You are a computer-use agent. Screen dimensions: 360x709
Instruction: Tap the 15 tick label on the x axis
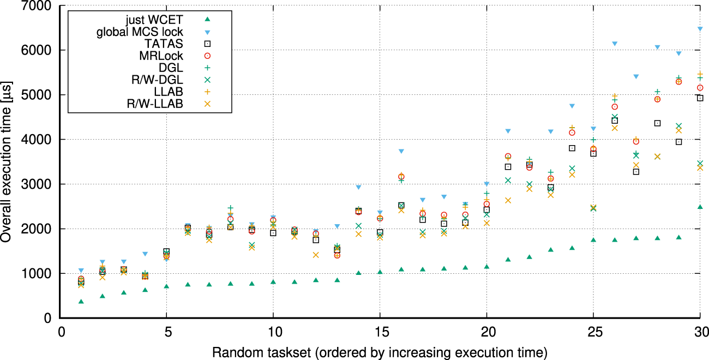coord(380,332)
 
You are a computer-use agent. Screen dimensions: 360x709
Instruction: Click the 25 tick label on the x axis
coord(593,332)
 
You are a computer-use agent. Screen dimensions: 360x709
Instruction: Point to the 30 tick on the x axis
coord(700,332)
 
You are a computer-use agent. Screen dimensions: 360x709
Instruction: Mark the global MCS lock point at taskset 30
coord(700,29)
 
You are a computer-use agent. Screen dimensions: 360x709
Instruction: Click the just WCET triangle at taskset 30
coord(700,207)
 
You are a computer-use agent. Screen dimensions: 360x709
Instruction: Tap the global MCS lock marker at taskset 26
coord(615,44)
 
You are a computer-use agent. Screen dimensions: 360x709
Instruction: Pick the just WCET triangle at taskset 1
coord(81,302)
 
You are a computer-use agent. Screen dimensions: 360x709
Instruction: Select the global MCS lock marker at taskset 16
coord(401,151)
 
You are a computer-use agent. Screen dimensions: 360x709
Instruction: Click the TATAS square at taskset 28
coord(657,123)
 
